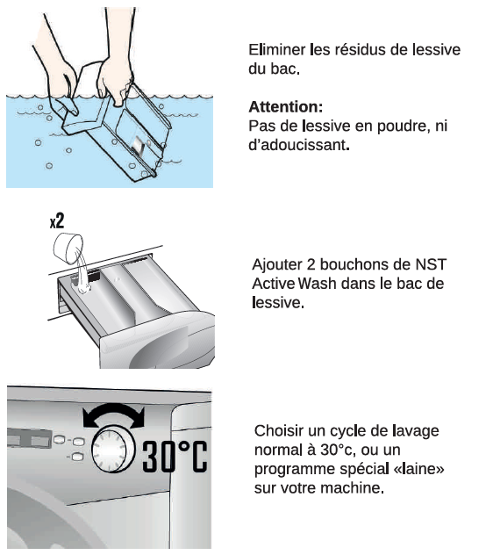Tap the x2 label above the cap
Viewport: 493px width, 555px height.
[57, 221]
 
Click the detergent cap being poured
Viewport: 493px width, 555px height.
[68, 249]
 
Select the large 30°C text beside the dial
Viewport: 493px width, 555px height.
[175, 457]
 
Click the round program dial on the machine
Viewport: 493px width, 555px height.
[113, 450]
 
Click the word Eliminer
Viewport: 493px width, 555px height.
[276, 49]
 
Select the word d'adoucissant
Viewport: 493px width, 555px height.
[297, 145]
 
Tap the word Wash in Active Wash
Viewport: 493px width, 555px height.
[317, 284]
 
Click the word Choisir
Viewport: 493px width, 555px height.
[279, 431]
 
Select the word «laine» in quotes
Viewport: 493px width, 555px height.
[419, 469]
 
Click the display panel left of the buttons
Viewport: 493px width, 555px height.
[29, 439]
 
